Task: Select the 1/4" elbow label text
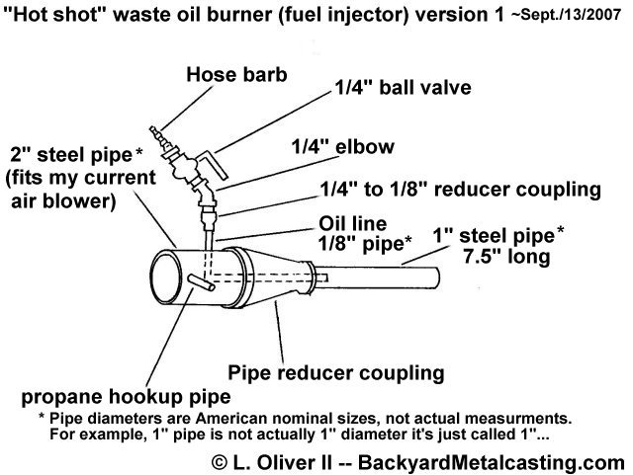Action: [343, 146]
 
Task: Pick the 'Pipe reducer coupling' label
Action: [334, 373]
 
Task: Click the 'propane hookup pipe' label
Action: [120, 398]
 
